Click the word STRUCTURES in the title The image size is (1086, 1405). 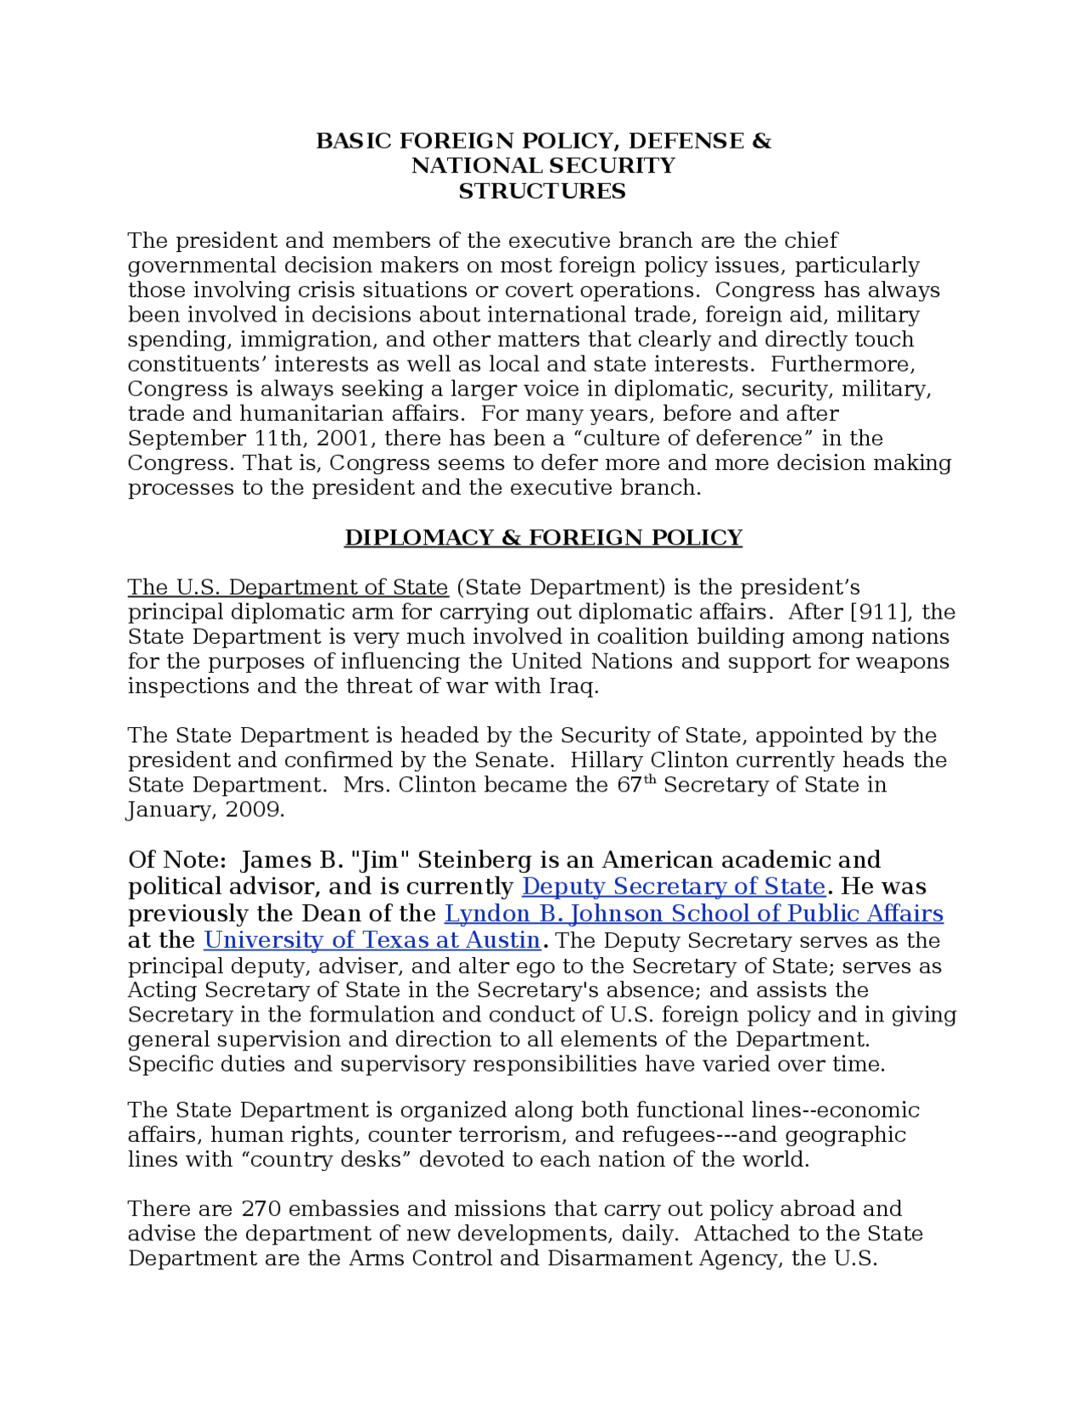pyautogui.click(x=542, y=192)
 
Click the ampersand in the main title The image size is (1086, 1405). pyautogui.click(x=762, y=141)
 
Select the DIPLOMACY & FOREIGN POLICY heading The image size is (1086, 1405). pyautogui.click(x=543, y=538)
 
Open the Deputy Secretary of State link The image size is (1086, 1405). pyautogui.click(x=673, y=887)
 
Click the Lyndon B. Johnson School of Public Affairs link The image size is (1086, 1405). pyautogui.click(x=693, y=914)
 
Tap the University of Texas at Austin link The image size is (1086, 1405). pyautogui.click(x=372, y=940)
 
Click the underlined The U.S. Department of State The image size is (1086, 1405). pyautogui.click(x=288, y=587)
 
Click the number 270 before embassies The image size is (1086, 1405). pyautogui.click(x=261, y=1208)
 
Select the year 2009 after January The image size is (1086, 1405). pyautogui.click(x=251, y=809)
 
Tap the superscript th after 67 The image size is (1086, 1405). pyautogui.click(x=651, y=780)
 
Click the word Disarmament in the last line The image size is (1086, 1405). pyautogui.click(x=619, y=1258)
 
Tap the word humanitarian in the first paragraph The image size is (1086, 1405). pyautogui.click(x=311, y=414)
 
